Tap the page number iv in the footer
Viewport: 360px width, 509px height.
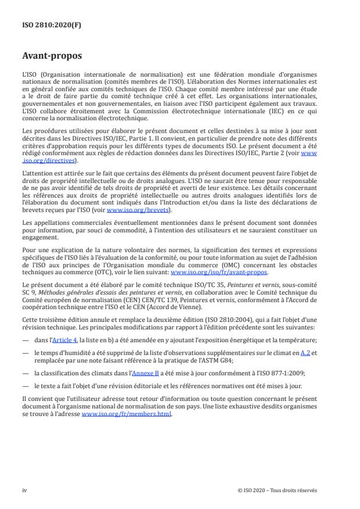pyautogui.click(x=24, y=490)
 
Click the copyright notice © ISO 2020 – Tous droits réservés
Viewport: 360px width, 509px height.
pyautogui.click(x=277, y=490)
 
